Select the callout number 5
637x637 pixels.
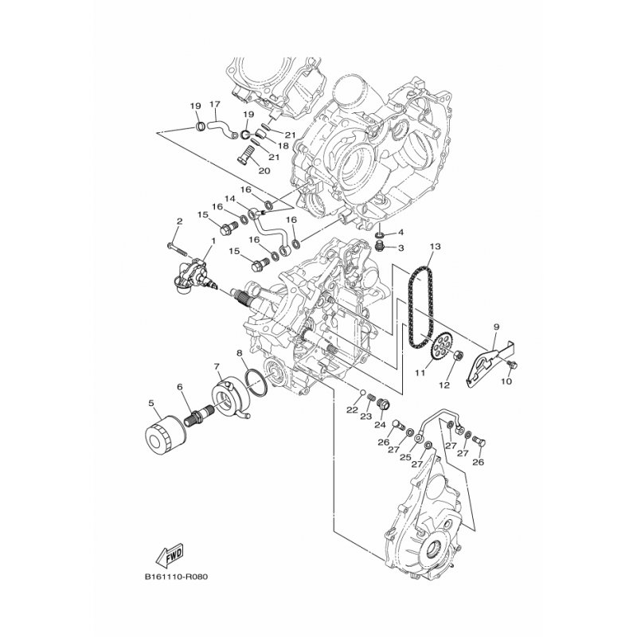152,403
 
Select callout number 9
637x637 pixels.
495,326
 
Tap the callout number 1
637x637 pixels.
213,240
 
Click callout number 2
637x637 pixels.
180,221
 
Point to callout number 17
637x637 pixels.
214,104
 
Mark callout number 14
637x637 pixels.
229,198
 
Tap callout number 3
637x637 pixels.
401,248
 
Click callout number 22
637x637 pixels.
352,409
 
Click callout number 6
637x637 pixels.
180,387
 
